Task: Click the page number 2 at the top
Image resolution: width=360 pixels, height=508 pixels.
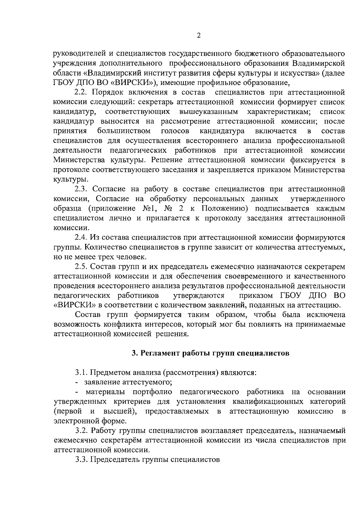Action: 198,35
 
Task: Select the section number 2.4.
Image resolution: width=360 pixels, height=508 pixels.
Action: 81,237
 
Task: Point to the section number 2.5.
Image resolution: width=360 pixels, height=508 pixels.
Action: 81,266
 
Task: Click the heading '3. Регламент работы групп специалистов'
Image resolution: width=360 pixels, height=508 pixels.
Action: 211,353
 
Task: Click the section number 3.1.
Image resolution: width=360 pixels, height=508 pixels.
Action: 81,373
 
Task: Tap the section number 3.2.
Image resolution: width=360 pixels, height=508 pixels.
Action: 81,431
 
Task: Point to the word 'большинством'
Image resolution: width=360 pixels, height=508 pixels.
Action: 124,131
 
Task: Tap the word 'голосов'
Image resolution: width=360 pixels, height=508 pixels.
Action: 175,131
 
